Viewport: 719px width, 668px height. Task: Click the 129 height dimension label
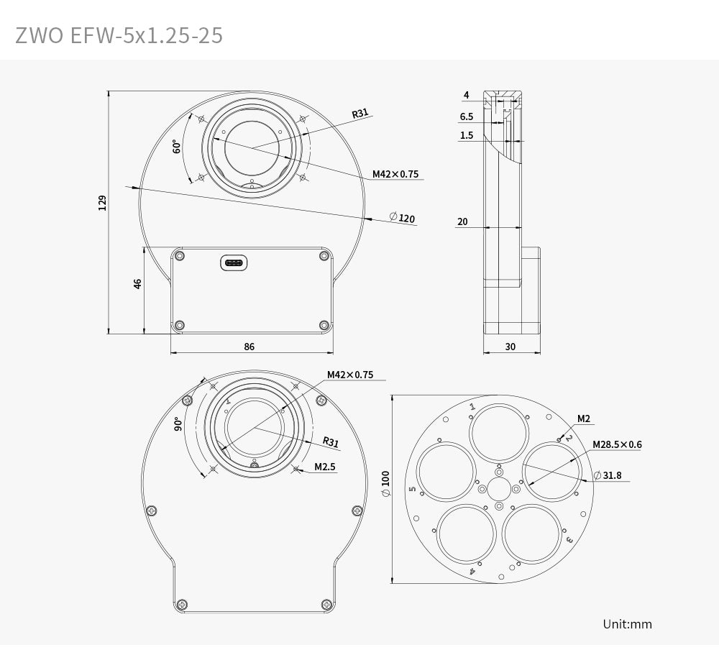(x=103, y=202)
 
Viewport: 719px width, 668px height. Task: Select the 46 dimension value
(x=137, y=283)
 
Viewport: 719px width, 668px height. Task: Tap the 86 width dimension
(x=249, y=347)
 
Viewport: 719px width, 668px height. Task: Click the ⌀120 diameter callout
(x=402, y=218)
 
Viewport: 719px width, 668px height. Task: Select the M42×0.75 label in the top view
(x=395, y=174)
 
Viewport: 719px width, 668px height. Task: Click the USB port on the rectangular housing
(x=234, y=263)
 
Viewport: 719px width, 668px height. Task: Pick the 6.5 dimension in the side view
(x=466, y=116)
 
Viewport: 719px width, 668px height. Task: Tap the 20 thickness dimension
(x=462, y=221)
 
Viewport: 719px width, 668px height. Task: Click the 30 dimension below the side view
(x=510, y=347)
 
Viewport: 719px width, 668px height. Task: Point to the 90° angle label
(x=178, y=424)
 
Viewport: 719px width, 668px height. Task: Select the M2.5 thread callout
(x=325, y=467)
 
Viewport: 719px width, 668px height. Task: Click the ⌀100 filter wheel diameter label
(x=385, y=484)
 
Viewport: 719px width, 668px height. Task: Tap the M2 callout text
(x=583, y=418)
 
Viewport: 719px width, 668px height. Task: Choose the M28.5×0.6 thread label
(x=617, y=444)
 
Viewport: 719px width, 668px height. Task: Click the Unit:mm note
(x=627, y=623)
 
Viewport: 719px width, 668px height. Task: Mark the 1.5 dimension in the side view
(x=467, y=135)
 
